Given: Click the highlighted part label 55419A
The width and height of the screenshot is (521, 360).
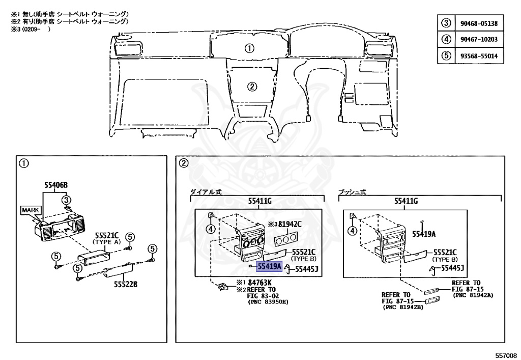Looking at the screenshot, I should pyautogui.click(x=270, y=265).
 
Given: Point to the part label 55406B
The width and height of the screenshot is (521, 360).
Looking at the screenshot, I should pyautogui.click(x=55, y=185).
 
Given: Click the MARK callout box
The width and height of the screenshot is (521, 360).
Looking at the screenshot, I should pyautogui.click(x=29, y=210).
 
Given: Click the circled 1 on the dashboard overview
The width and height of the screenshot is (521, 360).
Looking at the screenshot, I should pyautogui.click(x=249, y=48).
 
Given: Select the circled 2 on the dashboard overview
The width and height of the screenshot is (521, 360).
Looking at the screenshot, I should pyautogui.click(x=251, y=85).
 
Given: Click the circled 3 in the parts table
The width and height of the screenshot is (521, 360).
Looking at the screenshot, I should pyautogui.click(x=446, y=23).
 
